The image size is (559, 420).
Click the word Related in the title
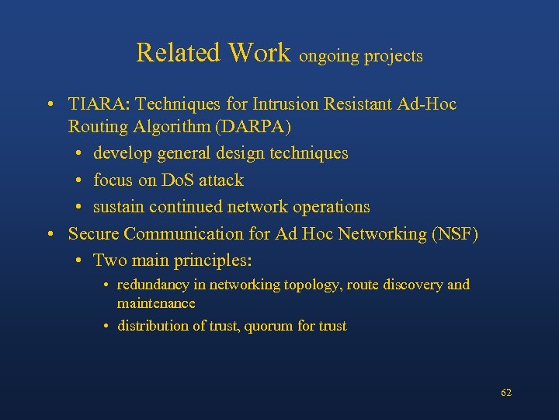coord(179,53)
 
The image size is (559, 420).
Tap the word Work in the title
coord(259,53)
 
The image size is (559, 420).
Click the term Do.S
coord(180,180)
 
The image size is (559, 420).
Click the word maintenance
coord(156,303)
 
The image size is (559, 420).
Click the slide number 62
coord(506,393)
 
